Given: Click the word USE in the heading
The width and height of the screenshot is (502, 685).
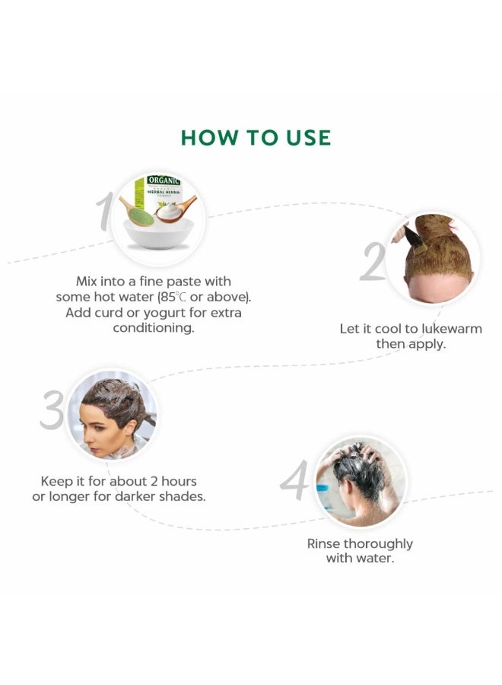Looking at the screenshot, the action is (x=308, y=137).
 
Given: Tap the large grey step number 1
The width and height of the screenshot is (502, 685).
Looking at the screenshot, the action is (x=105, y=212).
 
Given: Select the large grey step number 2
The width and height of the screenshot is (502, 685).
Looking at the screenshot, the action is (x=373, y=261).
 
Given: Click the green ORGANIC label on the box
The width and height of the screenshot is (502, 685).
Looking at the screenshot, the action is (x=164, y=180).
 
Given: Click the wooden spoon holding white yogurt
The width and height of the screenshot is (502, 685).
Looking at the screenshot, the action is (x=176, y=209).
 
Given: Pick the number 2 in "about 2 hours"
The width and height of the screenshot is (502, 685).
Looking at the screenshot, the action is (x=154, y=482).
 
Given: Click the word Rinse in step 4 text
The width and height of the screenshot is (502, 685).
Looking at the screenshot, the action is (x=323, y=544).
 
